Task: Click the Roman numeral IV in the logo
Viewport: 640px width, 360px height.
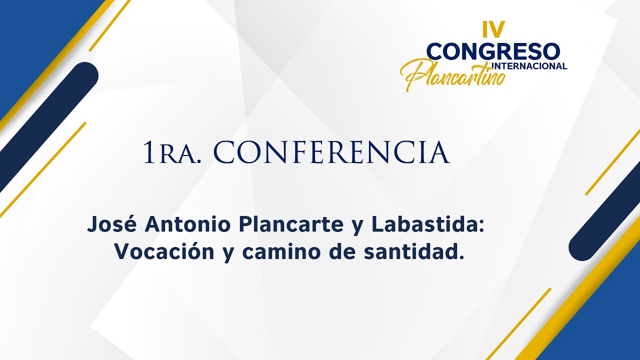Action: click(493, 30)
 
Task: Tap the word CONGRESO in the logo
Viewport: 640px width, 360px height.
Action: click(493, 51)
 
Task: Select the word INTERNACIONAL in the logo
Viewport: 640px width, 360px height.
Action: click(529, 66)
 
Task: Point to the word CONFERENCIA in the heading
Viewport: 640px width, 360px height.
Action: click(331, 153)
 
